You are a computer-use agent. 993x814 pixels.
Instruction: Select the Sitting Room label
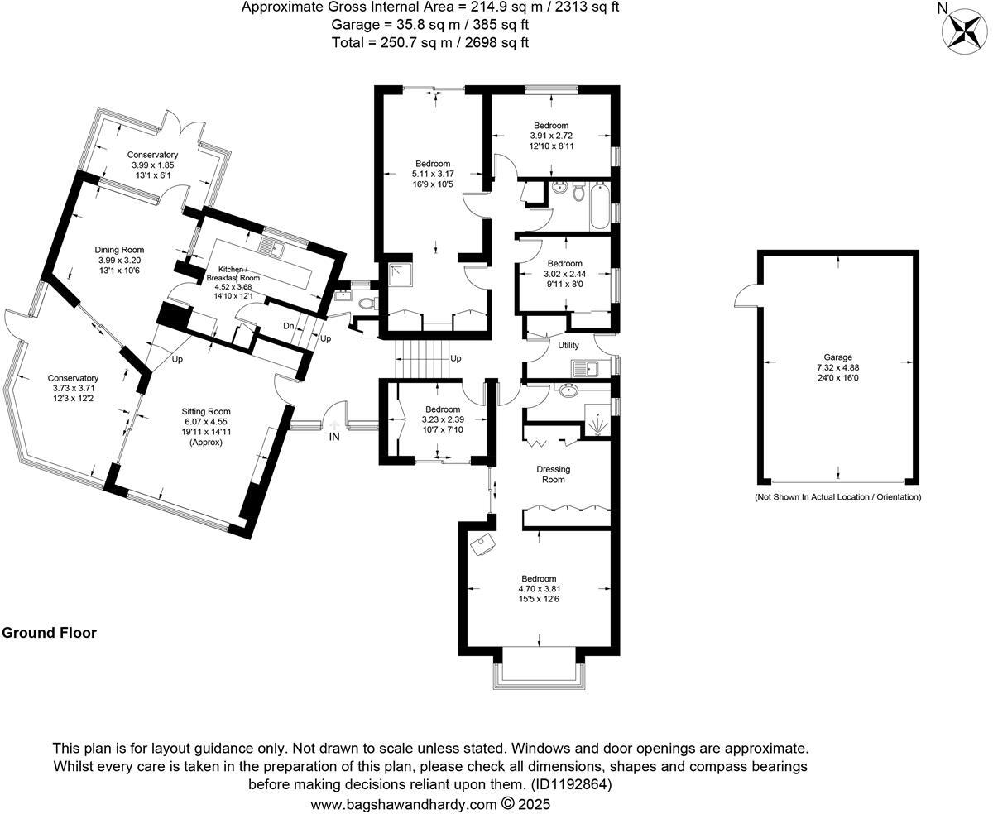[x=206, y=411]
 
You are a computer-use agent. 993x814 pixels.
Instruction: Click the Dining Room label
[x=120, y=250]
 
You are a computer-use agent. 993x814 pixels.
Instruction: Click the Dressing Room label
[x=555, y=474]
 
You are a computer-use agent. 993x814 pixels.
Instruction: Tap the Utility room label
[x=568, y=345]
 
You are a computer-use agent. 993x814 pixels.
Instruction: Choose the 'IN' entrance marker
[x=334, y=437]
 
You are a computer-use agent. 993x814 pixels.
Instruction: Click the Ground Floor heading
[x=49, y=633]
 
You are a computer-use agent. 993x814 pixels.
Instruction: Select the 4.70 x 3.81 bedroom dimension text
[x=540, y=590]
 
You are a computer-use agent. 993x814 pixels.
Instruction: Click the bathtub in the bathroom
[x=598, y=206]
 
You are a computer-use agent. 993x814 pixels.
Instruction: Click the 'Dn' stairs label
[x=288, y=326]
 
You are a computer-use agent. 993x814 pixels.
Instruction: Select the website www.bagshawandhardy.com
[x=404, y=803]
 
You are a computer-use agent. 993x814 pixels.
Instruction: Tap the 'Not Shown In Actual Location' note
[x=837, y=497]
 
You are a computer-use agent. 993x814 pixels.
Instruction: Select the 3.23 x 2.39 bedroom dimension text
[x=443, y=419]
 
